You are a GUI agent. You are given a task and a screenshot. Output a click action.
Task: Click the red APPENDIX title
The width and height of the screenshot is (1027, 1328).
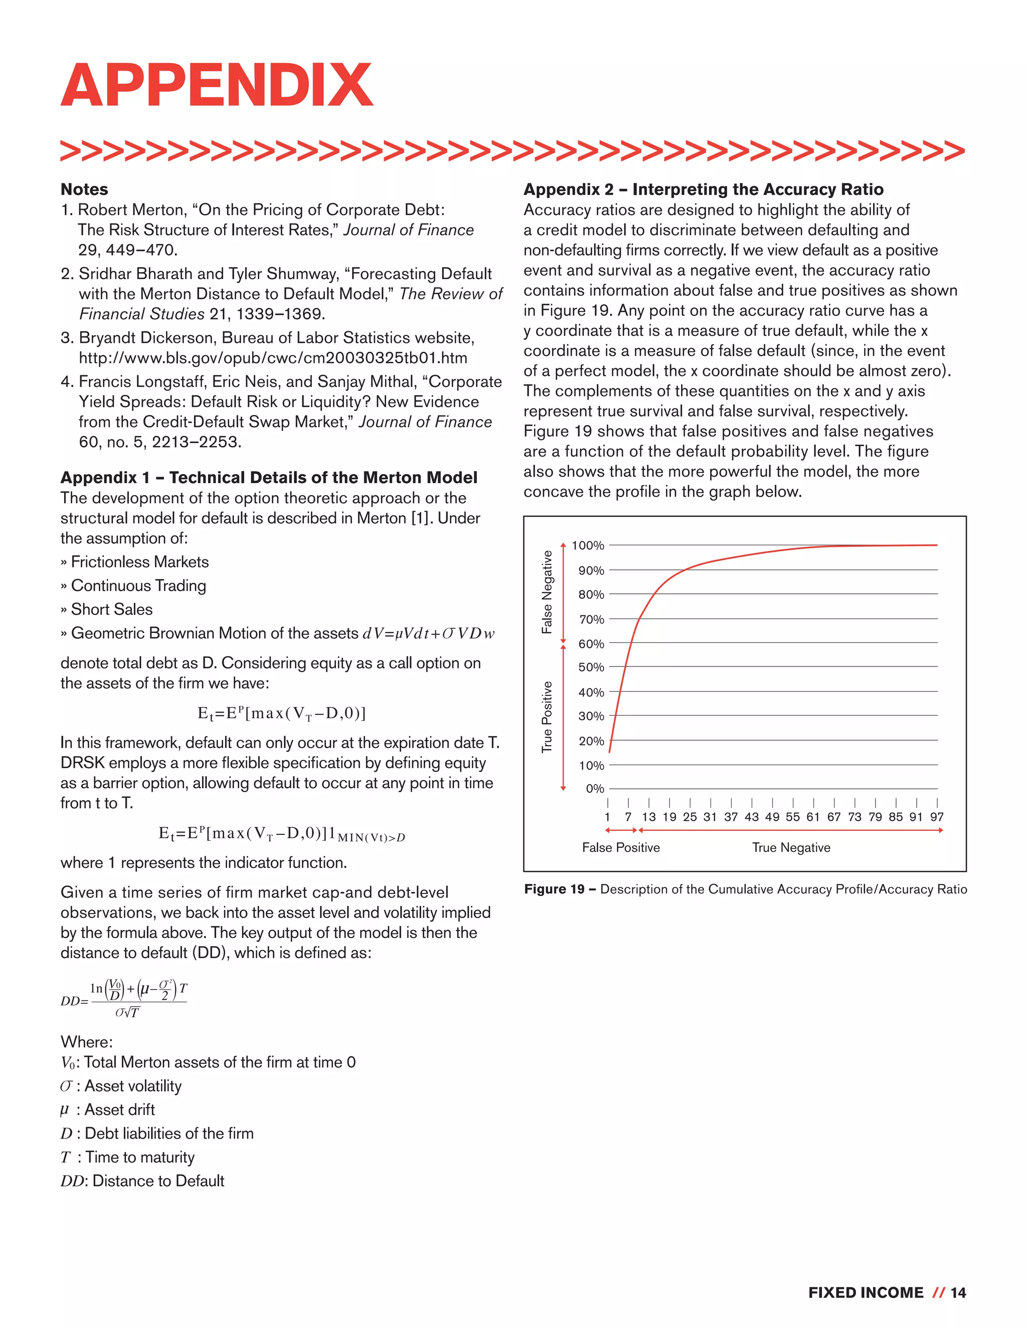click(217, 85)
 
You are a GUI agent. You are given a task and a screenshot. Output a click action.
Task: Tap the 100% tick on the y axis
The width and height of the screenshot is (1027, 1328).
click(588, 545)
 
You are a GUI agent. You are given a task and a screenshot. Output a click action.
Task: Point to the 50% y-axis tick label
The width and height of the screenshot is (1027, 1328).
click(591, 667)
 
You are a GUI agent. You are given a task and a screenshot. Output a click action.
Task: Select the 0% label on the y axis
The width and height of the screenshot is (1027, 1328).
click(594, 789)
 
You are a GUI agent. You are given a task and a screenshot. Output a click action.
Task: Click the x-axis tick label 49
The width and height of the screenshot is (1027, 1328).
click(772, 817)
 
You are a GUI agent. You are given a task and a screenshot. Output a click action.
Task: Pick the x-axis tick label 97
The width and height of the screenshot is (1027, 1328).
click(936, 817)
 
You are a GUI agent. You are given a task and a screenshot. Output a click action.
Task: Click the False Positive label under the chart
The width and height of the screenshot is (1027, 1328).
click(621, 847)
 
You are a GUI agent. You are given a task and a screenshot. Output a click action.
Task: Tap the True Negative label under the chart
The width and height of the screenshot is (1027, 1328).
click(791, 847)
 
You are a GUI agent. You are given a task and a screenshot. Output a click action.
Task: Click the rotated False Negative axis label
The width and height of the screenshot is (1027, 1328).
click(547, 592)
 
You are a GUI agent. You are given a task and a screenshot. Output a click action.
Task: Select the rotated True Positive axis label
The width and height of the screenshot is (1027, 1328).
click(547, 716)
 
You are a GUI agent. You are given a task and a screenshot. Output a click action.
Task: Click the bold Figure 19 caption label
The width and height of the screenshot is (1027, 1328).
click(554, 889)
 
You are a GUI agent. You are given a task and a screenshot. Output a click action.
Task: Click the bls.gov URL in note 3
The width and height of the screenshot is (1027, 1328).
click(273, 357)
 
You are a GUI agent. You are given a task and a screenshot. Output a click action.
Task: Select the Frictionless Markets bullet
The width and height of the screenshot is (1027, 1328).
click(139, 562)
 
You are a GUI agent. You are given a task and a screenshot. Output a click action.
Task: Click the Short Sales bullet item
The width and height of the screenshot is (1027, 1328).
click(111, 609)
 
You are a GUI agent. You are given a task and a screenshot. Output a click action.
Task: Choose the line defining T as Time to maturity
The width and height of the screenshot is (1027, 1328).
click(128, 1157)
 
